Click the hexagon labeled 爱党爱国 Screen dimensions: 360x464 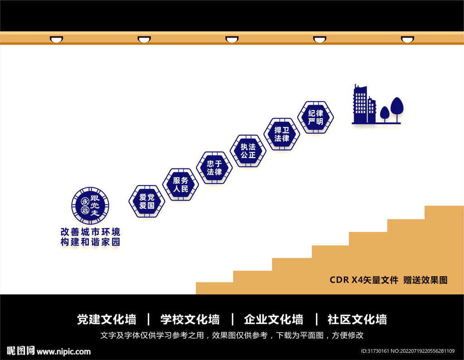pyautogui.click(x=146, y=201)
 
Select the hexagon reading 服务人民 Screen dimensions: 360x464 pyautogui.click(x=180, y=184)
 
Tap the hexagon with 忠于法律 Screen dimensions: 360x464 pyautogui.click(x=214, y=168)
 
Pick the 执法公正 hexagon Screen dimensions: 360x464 pyautogui.click(x=248, y=151)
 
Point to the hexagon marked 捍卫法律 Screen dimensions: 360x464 pyautogui.click(x=281, y=134)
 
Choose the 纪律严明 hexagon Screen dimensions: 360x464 pyautogui.click(x=315, y=117)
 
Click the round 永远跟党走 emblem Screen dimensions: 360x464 pyautogui.click(x=90, y=206)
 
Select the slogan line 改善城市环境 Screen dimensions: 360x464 pyautogui.click(x=90, y=231)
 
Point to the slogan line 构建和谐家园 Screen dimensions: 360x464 pyautogui.click(x=90, y=242)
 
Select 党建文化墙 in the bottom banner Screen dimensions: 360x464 pyautogui.click(x=106, y=319)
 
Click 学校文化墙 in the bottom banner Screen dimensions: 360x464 pyautogui.click(x=190, y=319)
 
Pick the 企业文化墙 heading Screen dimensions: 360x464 pyautogui.click(x=273, y=319)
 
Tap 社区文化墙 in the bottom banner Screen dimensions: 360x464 pyautogui.click(x=357, y=319)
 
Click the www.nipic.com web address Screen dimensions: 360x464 pyautogui.click(x=63, y=351)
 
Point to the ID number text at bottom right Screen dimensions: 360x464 pyautogui.click(x=407, y=351)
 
